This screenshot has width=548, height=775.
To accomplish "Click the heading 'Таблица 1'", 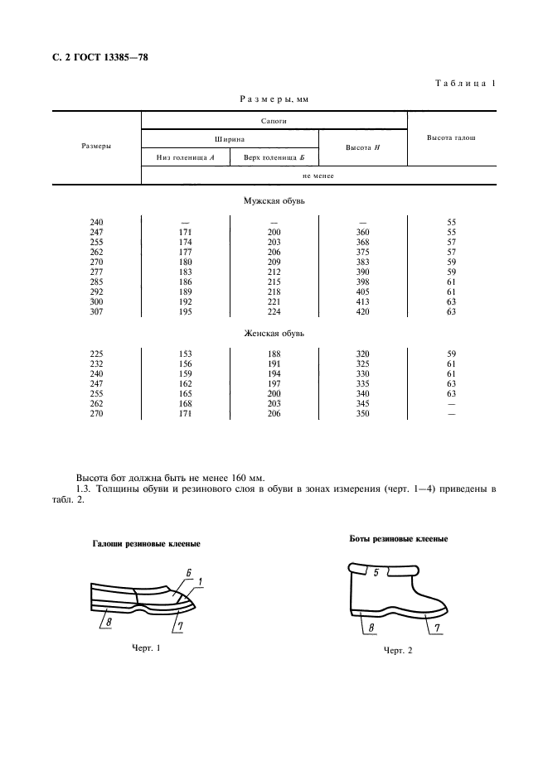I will [464, 83].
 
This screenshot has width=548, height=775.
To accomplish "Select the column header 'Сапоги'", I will [274, 121].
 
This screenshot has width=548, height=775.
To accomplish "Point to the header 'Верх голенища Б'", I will [274, 157].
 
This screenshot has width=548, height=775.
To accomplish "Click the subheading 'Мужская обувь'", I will [274, 201].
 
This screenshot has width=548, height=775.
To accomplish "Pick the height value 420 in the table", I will [363, 311].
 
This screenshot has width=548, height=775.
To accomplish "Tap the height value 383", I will [363, 262].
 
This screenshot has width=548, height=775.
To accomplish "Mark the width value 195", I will [185, 311].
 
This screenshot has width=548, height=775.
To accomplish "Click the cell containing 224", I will [274, 311].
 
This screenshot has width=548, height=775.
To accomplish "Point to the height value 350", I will [363, 413].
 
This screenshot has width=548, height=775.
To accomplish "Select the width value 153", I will [185, 354].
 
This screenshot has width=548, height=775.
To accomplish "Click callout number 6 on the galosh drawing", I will [189, 573].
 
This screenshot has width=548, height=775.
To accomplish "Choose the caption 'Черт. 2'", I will [398, 652].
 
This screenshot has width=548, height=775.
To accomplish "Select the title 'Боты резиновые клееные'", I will [398, 539].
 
